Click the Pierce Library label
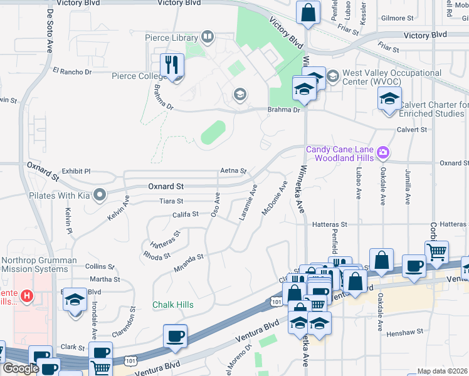(171, 38)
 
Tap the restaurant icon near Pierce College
(171, 65)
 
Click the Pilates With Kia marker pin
(99, 196)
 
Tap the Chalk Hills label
(172, 305)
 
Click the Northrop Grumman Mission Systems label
(39, 264)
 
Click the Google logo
(21, 368)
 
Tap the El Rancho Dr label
(72, 71)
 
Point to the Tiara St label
(171, 201)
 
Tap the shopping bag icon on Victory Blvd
(308, 14)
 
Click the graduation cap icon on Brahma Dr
(239, 95)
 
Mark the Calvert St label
(411, 130)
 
